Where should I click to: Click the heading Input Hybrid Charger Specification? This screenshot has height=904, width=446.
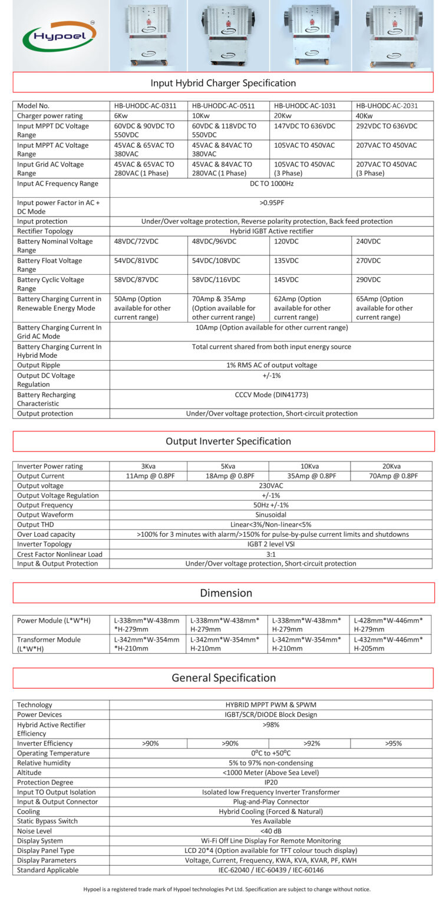pos(223,83)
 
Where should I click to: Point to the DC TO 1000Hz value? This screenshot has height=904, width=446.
pos(271,184)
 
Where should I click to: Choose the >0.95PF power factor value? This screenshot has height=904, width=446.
pos(271,203)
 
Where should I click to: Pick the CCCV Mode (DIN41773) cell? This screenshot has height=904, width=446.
pos(271,395)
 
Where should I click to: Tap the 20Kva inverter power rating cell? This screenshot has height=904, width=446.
pos(391,466)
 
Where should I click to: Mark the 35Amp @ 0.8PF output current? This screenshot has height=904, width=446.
pos(309,476)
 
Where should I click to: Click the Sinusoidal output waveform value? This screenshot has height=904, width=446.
pos(271,514)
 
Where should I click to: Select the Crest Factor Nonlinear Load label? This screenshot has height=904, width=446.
pos(60,554)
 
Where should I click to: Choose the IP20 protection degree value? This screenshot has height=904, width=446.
pos(271,782)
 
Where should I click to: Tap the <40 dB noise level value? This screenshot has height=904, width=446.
pos(271,831)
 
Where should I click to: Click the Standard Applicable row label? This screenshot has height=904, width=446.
pos(48,870)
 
